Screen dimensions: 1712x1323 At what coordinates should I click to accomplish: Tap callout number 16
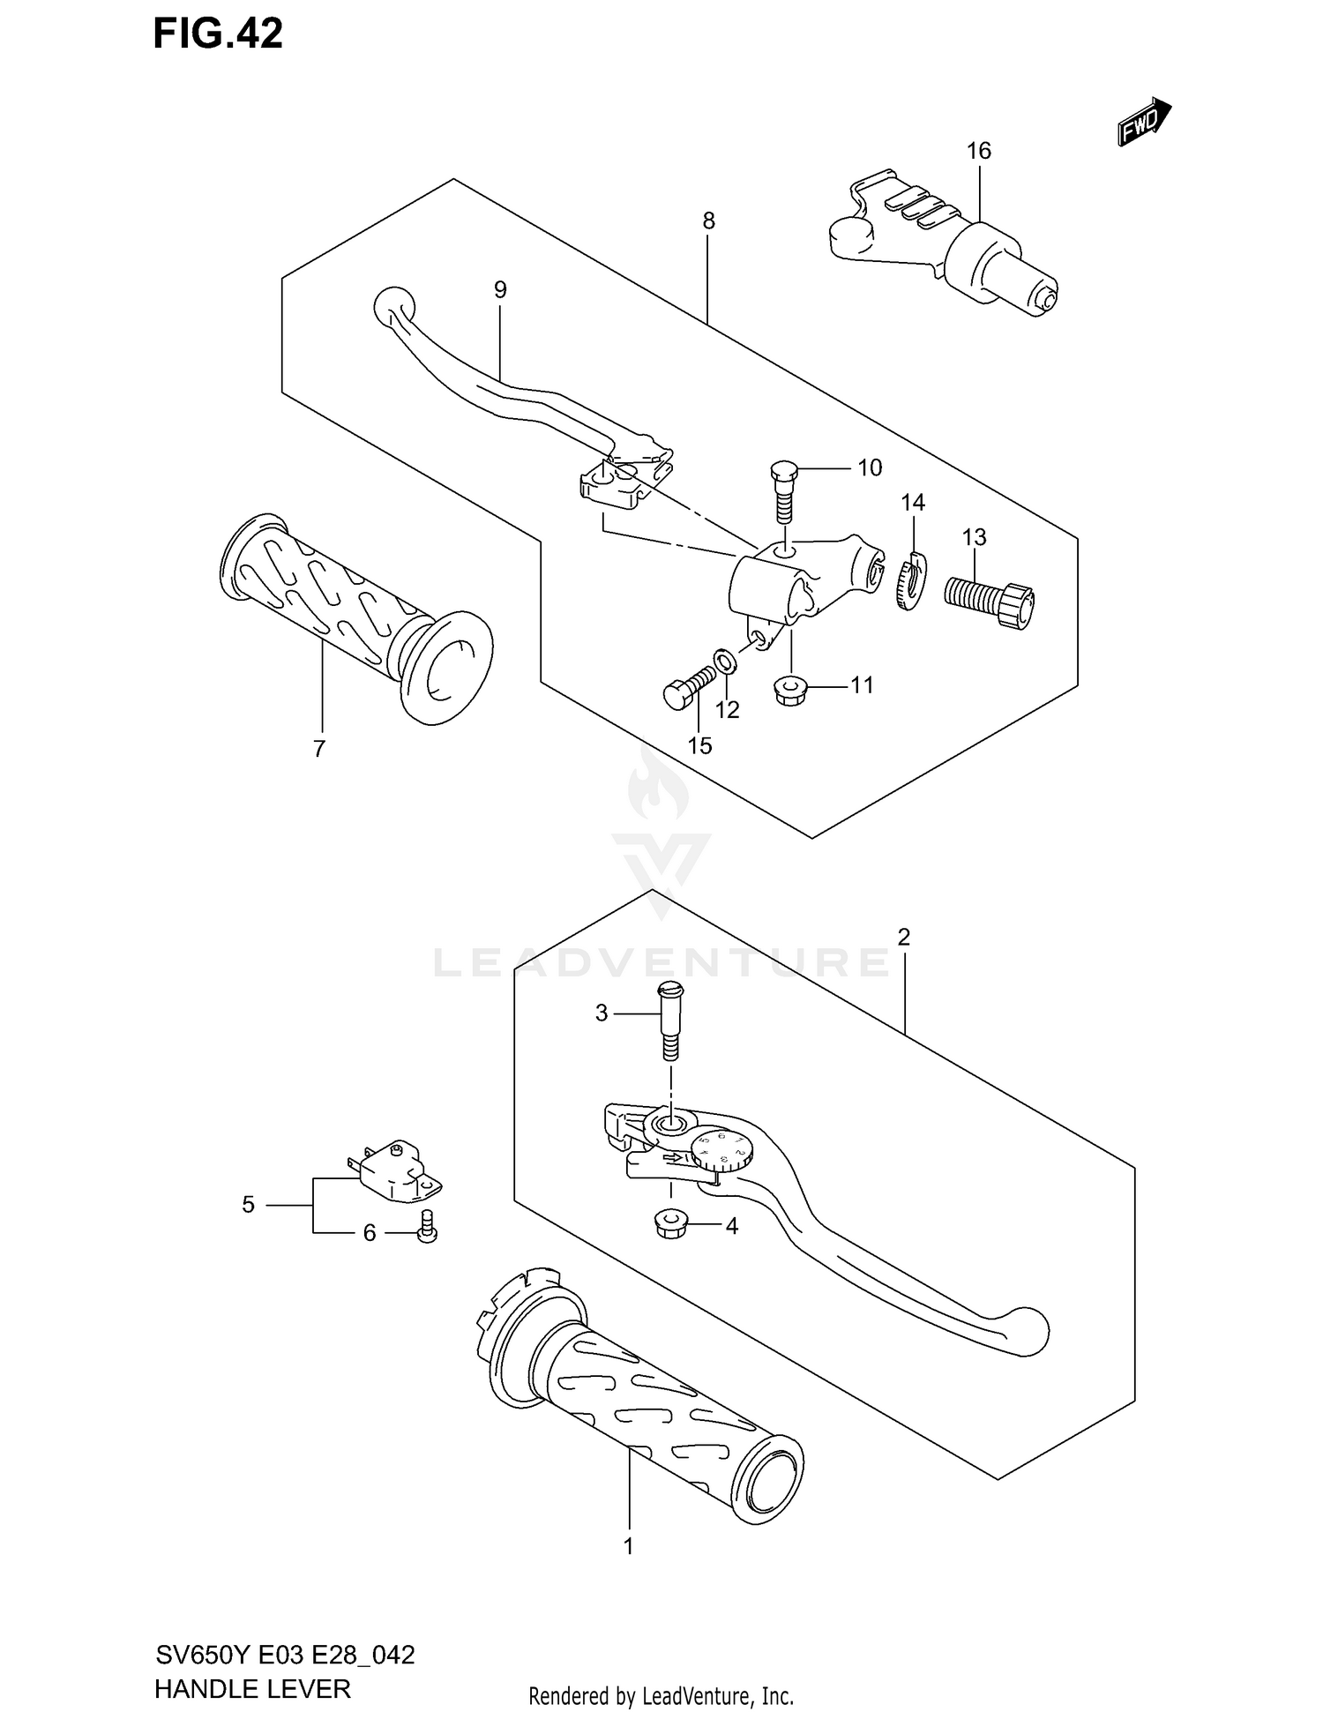click(x=978, y=151)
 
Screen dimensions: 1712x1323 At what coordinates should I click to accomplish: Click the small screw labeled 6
click(x=427, y=1227)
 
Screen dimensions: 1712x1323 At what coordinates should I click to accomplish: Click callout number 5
click(x=249, y=1204)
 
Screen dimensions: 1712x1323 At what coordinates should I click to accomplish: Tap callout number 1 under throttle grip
click(x=628, y=1546)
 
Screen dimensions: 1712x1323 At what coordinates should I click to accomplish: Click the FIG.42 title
click(x=217, y=34)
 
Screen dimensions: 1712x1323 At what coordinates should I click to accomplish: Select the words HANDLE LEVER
click(x=252, y=1689)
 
